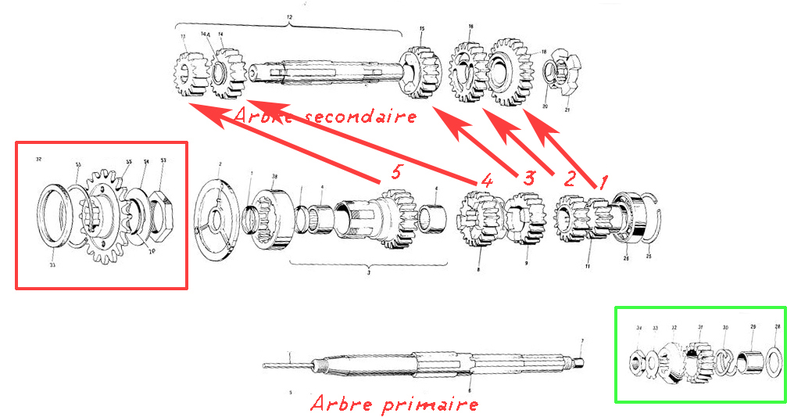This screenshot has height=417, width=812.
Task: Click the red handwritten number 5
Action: (x=396, y=172)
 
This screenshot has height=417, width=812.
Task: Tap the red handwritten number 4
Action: (x=487, y=180)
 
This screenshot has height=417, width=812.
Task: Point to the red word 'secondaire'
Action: (x=360, y=117)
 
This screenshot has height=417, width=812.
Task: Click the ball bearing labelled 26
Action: (x=631, y=216)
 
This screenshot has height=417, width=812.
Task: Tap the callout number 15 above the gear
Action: (x=422, y=29)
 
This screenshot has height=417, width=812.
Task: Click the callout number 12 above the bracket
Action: (x=291, y=16)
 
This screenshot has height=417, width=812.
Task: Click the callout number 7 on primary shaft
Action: (x=581, y=341)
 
